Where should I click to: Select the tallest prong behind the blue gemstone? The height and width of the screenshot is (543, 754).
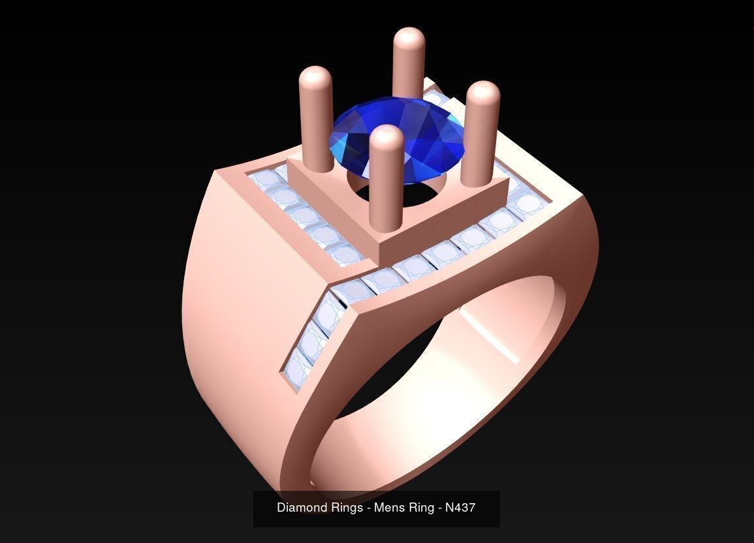coord(409,65)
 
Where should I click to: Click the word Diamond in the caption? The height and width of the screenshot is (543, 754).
coord(300,507)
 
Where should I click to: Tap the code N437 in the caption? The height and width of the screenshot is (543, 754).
coord(460,507)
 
